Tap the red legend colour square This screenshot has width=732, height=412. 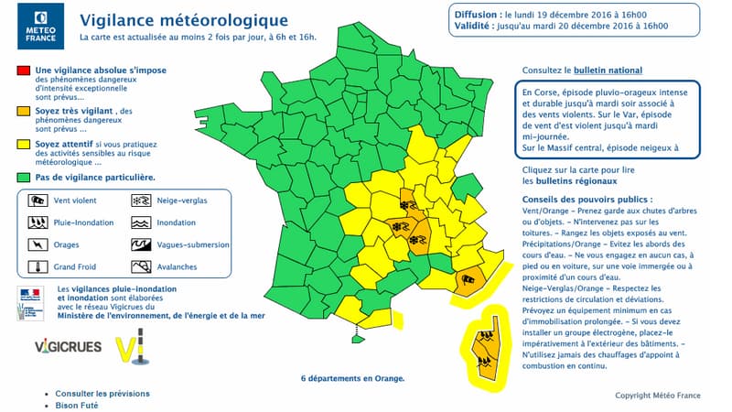(22, 70)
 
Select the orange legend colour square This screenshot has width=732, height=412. (22, 112)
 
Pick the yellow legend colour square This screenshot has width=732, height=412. (22, 145)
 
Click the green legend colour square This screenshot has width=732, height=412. (22, 177)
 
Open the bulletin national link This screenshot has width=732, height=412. (608, 70)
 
